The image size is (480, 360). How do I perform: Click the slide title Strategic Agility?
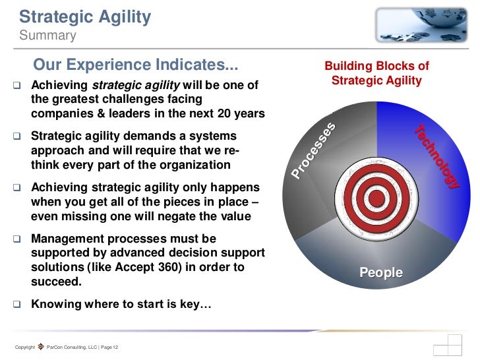click(x=85, y=16)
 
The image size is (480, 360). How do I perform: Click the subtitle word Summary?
click(x=47, y=35)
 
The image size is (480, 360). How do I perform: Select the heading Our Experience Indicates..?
click(x=135, y=67)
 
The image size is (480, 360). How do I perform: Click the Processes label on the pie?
click(x=315, y=151)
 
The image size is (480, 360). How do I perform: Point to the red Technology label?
click(x=436, y=157)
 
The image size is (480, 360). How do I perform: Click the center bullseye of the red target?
click(x=376, y=196)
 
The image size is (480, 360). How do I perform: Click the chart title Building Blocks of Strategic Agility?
click(x=376, y=74)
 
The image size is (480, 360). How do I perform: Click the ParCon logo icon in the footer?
click(x=41, y=347)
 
